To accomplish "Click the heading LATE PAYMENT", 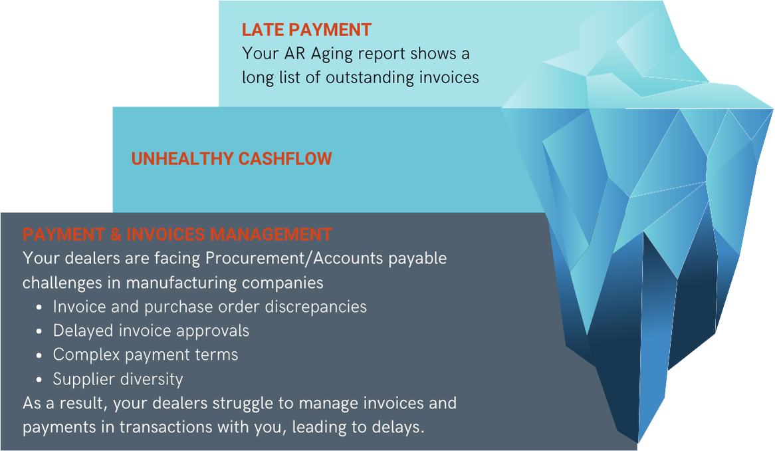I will coord(306,30).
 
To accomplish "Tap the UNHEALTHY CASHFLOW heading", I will coord(231,159).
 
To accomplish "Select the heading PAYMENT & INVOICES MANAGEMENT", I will coord(177,235).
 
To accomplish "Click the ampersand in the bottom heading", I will coord(114,235).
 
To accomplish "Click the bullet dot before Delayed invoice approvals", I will coord(39,331).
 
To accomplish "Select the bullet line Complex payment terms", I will coord(145,355).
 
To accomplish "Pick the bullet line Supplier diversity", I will coord(118,379).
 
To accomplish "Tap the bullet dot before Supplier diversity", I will coord(39,380).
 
